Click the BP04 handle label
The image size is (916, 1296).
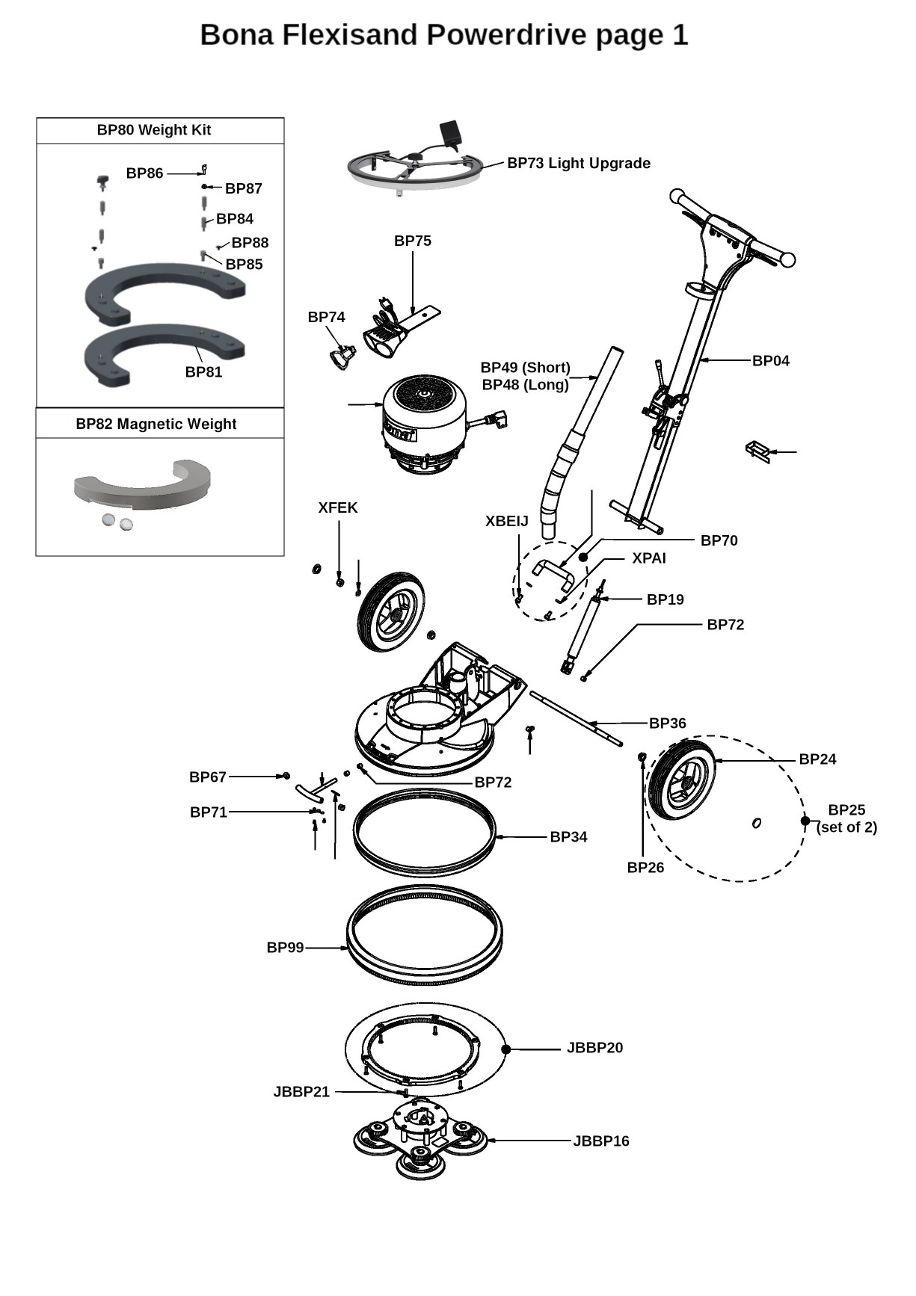(770, 361)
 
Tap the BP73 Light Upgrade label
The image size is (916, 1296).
(578, 164)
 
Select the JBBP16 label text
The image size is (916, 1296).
(600, 1141)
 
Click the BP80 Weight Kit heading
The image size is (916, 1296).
(154, 130)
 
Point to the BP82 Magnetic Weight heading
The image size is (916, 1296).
(156, 424)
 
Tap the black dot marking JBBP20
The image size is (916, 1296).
(505, 1049)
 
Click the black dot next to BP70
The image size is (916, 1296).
(583, 558)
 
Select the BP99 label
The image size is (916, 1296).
(285, 948)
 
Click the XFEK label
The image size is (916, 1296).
(338, 508)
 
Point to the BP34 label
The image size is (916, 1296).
(568, 837)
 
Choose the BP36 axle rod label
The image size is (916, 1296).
(667, 723)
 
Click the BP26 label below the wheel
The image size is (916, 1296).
(645, 868)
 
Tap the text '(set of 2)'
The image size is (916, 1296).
(846, 827)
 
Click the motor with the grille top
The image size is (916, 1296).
(424, 422)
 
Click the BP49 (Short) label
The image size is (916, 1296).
(525, 368)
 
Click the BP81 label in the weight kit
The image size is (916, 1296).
(203, 372)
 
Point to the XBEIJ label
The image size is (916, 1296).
(506, 522)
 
